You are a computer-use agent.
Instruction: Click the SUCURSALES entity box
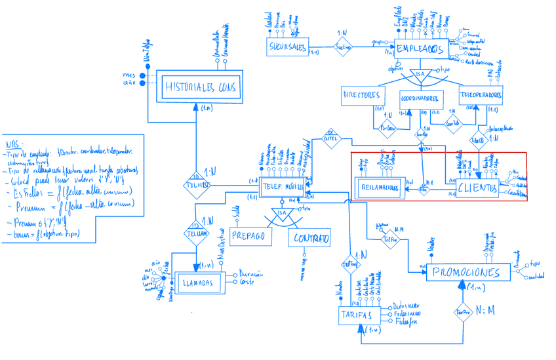point(288,47)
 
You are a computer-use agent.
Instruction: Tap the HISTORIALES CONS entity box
point(199,87)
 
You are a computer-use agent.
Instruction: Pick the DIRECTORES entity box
point(361,96)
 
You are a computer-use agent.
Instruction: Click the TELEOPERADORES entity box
point(481,95)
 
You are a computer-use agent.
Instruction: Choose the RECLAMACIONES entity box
point(380,188)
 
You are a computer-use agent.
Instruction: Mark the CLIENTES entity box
point(477,188)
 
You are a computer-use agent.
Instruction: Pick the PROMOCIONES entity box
point(467,273)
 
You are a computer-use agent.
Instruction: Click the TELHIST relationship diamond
point(196,186)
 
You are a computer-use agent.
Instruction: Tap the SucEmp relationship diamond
point(344,47)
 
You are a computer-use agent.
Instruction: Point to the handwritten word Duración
point(252,274)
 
